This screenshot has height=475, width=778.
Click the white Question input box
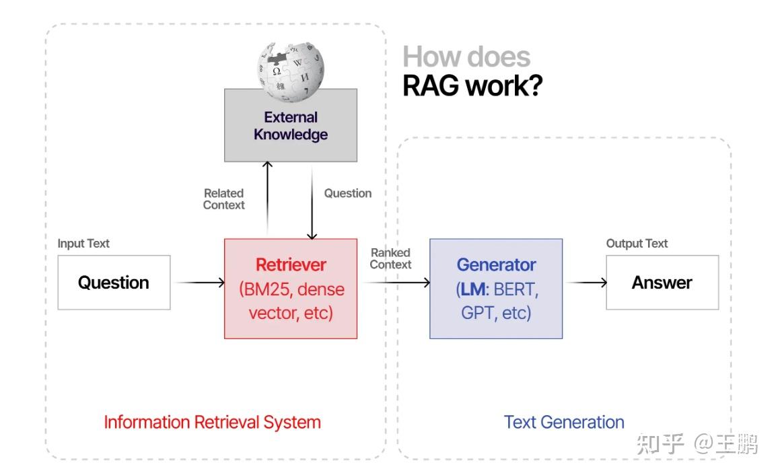point(114,283)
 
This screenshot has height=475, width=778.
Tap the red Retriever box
point(291,289)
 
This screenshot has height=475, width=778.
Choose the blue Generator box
point(496,289)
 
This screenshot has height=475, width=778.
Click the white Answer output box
point(662,283)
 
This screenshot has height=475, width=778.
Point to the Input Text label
point(83,244)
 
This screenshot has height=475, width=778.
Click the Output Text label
point(637,244)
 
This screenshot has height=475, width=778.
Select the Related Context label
point(224,199)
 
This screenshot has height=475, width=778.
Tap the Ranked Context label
point(390,258)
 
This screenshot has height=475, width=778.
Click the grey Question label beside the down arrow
point(348,193)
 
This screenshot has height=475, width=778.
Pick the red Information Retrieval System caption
point(212,423)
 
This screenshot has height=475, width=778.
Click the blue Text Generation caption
point(564,423)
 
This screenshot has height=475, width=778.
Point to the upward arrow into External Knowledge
point(268,198)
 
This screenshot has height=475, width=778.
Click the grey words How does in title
point(466,57)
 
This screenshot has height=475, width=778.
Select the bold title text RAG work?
point(472,86)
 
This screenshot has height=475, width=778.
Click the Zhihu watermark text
point(697,444)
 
